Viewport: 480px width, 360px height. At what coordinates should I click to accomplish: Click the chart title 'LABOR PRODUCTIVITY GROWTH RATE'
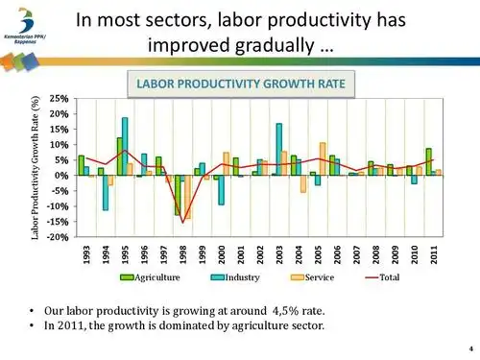coord(240,84)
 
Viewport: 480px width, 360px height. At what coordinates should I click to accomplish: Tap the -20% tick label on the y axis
coord(57,237)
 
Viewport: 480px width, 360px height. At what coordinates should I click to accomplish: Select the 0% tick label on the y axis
coord(61,176)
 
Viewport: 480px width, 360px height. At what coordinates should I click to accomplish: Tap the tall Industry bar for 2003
coord(279,149)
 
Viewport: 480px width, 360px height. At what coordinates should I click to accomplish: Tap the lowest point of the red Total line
coord(182,223)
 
